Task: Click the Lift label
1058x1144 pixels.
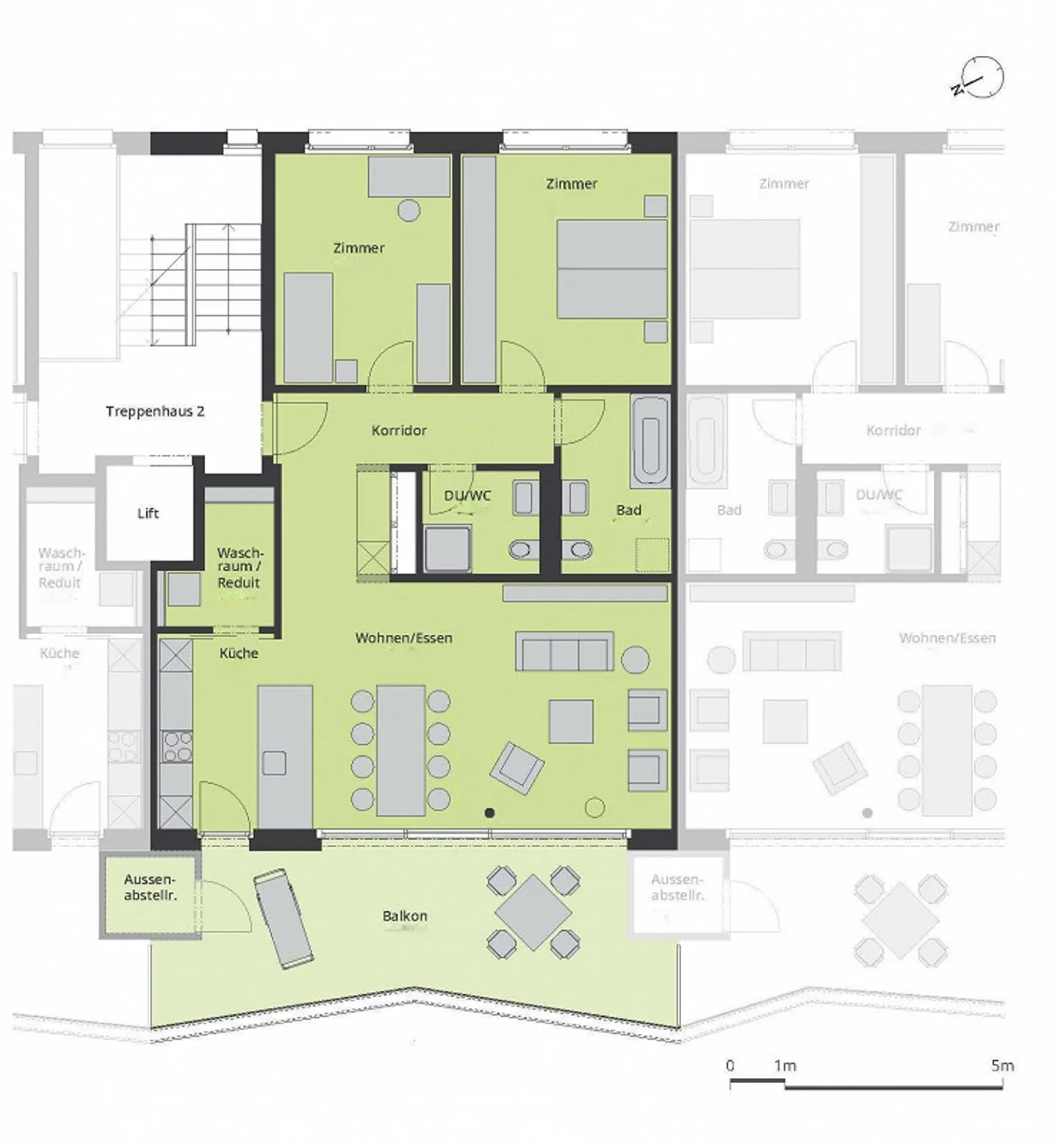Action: coord(148,513)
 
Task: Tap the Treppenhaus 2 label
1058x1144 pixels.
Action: coord(155,411)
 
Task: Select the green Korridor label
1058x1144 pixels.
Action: coord(399,431)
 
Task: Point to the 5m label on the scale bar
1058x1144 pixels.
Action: coord(1002,1065)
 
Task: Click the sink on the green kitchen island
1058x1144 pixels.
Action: coord(276,763)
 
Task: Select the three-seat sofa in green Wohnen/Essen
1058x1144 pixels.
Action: coord(564,651)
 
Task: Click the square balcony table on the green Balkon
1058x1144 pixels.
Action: coord(533,912)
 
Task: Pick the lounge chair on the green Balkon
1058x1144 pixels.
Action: coord(284,918)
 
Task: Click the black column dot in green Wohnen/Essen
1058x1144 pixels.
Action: coord(490,813)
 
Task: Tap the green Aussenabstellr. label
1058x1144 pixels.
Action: coord(150,888)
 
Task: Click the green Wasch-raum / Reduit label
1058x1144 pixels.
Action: coord(240,567)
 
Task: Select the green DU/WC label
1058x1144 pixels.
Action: coord(467,496)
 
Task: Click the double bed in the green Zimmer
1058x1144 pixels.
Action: coord(612,269)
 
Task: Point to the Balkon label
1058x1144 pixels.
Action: coord(405,916)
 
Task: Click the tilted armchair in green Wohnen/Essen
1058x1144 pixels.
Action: coord(518,768)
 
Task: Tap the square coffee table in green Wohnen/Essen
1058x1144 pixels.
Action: coord(571,722)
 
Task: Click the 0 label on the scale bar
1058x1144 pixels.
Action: coord(730,1065)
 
